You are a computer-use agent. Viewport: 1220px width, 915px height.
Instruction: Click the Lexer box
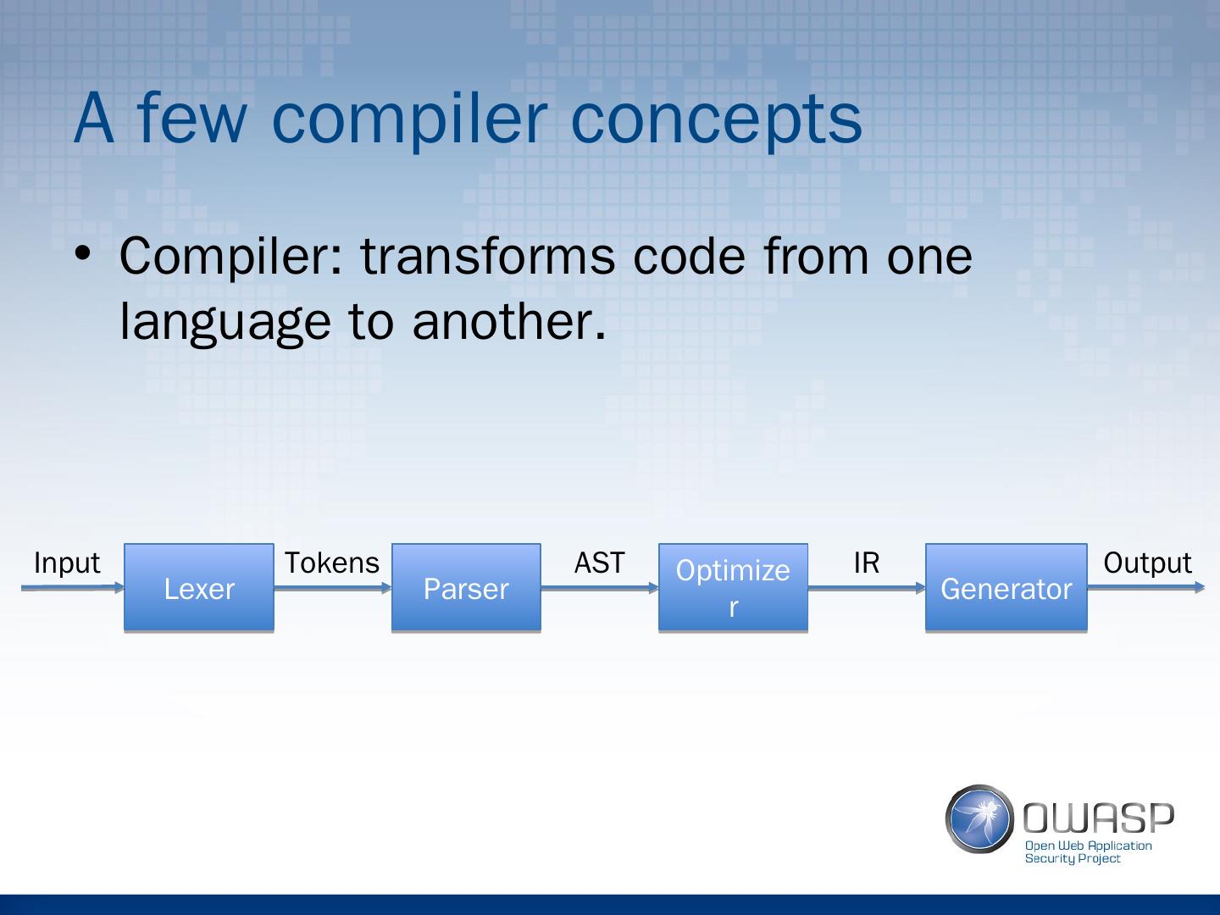pos(199,587)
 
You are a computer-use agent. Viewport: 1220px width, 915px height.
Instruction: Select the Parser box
pos(466,587)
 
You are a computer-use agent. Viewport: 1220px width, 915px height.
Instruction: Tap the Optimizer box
pos(733,587)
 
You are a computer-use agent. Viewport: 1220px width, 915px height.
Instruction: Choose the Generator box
pos(1006,587)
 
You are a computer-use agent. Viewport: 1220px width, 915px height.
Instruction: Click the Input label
pos(67,563)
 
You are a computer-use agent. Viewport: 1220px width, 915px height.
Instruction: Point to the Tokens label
pos(332,563)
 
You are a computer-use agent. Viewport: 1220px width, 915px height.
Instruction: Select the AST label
pos(599,563)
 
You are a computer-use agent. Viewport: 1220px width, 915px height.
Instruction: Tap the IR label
pos(867,563)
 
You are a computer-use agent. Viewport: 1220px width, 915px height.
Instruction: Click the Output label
pos(1147,563)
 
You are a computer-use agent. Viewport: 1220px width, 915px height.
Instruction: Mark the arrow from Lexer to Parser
pos(333,588)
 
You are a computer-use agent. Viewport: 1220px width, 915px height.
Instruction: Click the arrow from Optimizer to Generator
pos(867,588)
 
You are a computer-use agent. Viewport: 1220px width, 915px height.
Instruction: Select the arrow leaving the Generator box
pos(1146,587)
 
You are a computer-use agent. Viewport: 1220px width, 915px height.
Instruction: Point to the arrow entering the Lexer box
pos(73,587)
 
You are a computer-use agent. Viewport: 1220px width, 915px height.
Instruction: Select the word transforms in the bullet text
pos(488,256)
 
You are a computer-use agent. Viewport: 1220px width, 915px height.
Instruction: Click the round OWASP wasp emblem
pos(979,819)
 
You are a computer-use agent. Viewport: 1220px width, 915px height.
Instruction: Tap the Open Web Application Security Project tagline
pos(1089,852)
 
